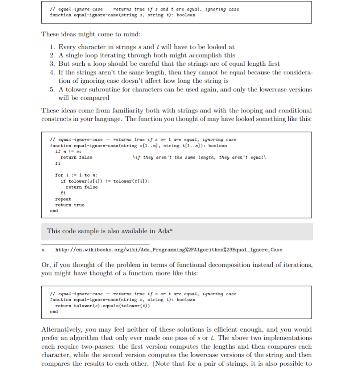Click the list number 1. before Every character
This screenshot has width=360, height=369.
tap(52, 47)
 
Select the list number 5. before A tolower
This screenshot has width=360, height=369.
tap(52, 89)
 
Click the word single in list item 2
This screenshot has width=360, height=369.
tap(74, 55)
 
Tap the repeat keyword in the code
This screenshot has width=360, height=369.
tap(63, 199)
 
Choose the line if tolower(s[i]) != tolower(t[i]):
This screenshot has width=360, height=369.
tap(105, 181)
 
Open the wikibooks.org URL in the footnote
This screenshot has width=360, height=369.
tap(169, 250)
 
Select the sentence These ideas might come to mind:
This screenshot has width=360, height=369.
tap(91, 34)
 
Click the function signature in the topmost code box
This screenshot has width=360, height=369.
tap(123, 15)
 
